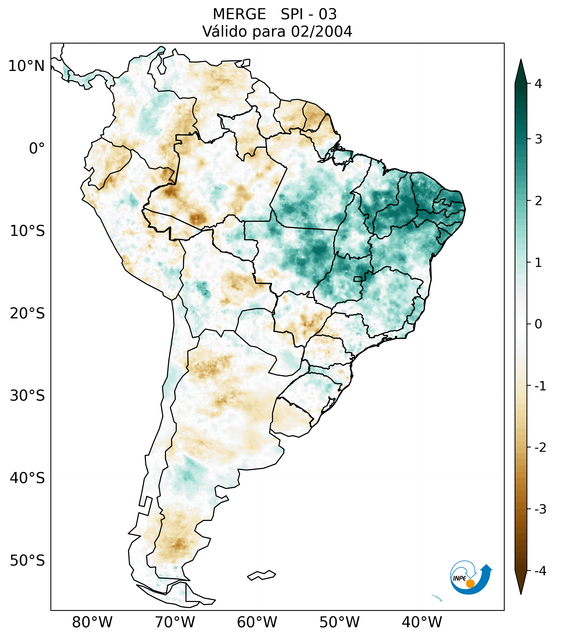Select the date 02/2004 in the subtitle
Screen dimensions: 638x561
coord(321,32)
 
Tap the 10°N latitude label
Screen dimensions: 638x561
coord(27,66)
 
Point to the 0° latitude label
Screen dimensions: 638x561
coord(37,149)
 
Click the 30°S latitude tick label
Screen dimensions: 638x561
coord(27,396)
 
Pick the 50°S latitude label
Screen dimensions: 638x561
coord(27,561)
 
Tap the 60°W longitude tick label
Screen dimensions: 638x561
coord(257,622)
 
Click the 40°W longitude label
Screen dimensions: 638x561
coord(422,622)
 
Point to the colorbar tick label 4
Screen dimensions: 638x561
coord(538,84)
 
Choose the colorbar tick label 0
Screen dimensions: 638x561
coord(538,324)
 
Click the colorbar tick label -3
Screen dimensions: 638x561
coord(540,509)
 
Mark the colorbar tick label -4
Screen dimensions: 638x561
coord(540,571)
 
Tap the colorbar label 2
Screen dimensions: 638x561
coord(538,201)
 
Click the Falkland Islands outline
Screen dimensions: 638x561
coord(261,575)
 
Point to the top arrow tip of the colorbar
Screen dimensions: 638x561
coord(521,60)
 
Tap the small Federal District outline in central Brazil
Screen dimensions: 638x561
coord(358,279)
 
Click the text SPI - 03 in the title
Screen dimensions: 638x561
coord(309,14)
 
